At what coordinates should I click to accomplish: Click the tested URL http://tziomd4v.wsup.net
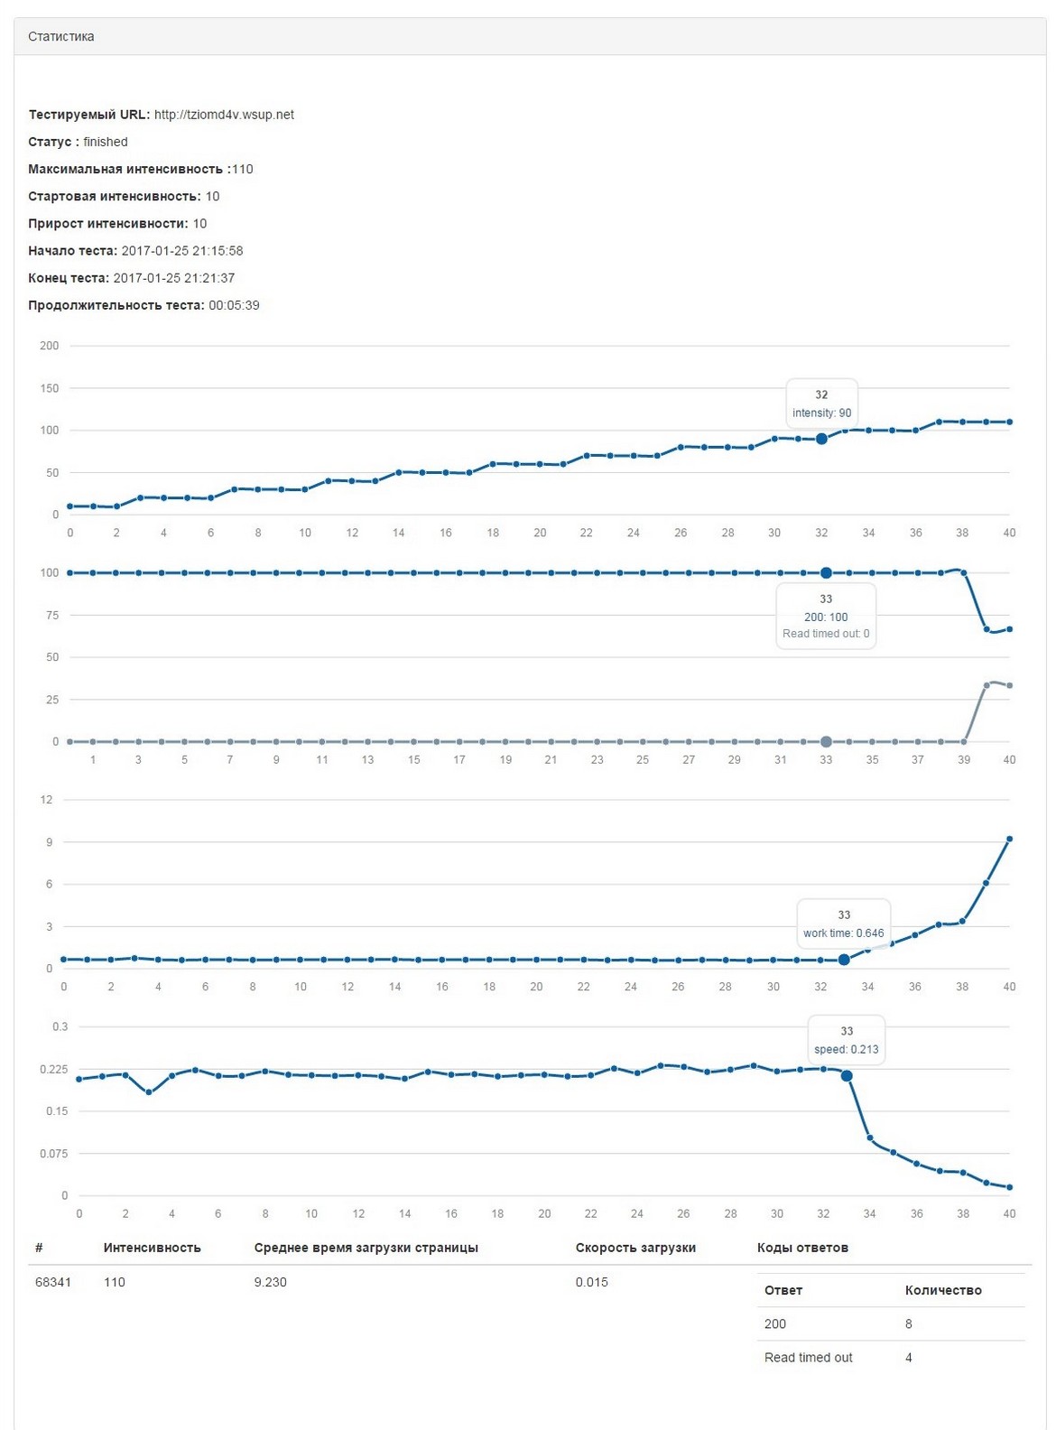[x=224, y=115]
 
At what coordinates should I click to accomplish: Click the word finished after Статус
[x=106, y=142]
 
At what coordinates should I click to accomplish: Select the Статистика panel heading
[x=61, y=37]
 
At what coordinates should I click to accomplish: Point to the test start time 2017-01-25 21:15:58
[x=182, y=251]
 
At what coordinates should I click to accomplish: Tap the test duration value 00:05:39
[x=234, y=305]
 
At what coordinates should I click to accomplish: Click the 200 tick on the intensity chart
[x=50, y=346]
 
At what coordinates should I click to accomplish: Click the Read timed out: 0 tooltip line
[x=826, y=634]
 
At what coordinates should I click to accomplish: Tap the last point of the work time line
[x=1009, y=840]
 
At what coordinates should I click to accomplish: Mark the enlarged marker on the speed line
[x=847, y=1076]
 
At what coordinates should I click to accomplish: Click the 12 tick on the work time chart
[x=47, y=800]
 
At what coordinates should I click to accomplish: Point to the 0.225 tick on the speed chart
[x=54, y=1069]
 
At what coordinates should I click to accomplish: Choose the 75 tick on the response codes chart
[x=52, y=616]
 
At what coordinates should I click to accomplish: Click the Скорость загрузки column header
[x=635, y=1248]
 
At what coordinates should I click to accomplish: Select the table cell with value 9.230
[x=271, y=1282]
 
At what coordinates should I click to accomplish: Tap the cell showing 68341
[x=53, y=1282]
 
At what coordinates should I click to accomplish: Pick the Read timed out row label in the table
[x=808, y=1358]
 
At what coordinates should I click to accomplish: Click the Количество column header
[x=943, y=1290]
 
